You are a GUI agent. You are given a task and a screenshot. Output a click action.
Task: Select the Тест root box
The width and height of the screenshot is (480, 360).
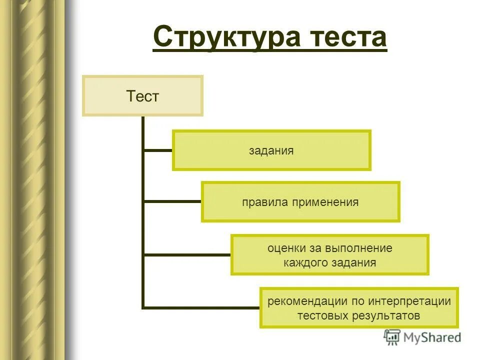click(x=142, y=96)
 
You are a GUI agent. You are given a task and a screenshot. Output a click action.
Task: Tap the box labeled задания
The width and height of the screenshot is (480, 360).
click(x=271, y=150)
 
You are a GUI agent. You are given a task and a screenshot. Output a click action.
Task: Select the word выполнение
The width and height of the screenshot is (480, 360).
click(x=358, y=248)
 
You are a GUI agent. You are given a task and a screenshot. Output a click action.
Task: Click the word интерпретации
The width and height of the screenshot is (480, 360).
click(x=410, y=301)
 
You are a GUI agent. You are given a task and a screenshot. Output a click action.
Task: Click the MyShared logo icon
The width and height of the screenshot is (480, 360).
click(x=392, y=337)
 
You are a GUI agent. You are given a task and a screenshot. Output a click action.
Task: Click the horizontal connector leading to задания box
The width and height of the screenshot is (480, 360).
click(x=158, y=149)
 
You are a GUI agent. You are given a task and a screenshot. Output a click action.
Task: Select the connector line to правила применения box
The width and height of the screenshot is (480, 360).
click(x=172, y=201)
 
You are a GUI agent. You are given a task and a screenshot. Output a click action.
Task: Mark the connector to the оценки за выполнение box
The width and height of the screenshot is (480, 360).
click(x=187, y=255)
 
